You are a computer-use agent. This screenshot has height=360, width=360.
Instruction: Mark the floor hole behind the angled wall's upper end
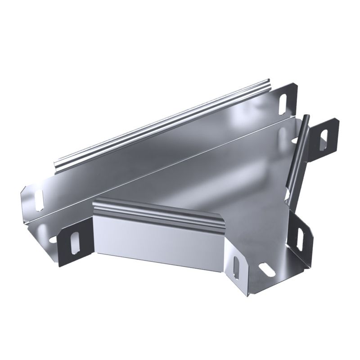(284, 135)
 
